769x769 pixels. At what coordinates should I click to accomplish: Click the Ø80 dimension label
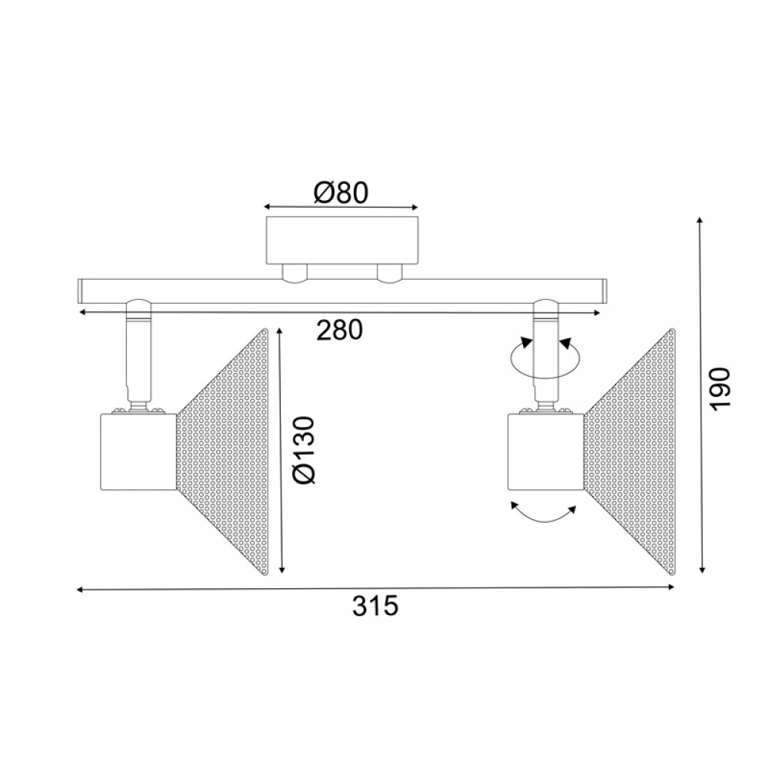(341, 193)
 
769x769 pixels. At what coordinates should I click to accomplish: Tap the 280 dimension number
(339, 330)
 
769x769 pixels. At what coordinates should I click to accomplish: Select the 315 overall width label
(375, 606)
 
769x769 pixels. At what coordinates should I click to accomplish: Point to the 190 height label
(721, 388)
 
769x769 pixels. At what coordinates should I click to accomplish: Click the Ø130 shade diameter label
(303, 450)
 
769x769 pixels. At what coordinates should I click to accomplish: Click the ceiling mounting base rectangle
(342, 240)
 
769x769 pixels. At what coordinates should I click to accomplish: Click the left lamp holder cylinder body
(138, 452)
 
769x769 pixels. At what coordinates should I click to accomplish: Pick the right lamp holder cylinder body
(545, 452)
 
